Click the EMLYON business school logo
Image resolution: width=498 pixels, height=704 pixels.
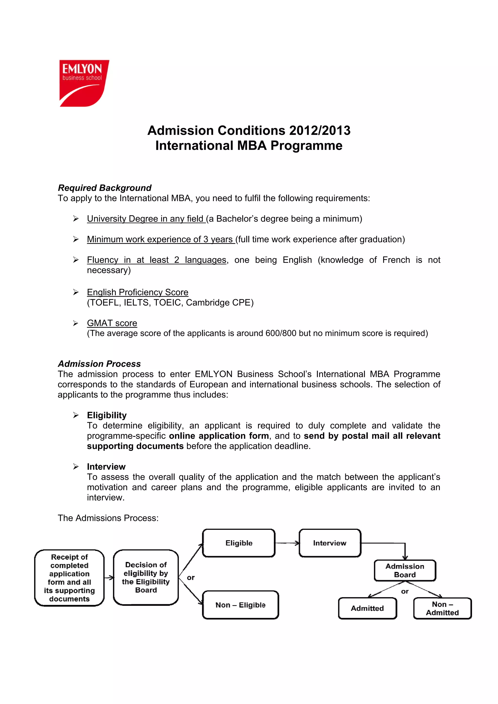point(83,83)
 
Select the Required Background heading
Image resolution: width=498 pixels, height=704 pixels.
point(105,188)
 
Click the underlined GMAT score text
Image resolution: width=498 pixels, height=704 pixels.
point(112,323)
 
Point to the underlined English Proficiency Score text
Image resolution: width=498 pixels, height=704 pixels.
point(137,292)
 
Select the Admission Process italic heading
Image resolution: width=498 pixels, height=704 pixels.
point(99,364)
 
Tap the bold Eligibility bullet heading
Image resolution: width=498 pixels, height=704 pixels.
point(107,415)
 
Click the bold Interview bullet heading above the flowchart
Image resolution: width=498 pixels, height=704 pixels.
point(106,467)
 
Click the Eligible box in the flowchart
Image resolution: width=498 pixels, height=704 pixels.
point(239,543)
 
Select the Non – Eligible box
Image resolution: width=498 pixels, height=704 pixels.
point(240,605)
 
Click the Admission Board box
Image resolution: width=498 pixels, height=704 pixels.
point(405,570)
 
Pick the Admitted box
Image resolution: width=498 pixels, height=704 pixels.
point(367,608)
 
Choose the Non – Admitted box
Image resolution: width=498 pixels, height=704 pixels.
point(442,608)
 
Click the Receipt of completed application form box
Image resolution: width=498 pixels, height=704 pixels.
point(69,578)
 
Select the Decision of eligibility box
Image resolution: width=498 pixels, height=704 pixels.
point(146,577)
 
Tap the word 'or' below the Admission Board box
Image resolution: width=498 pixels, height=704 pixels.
point(405,592)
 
